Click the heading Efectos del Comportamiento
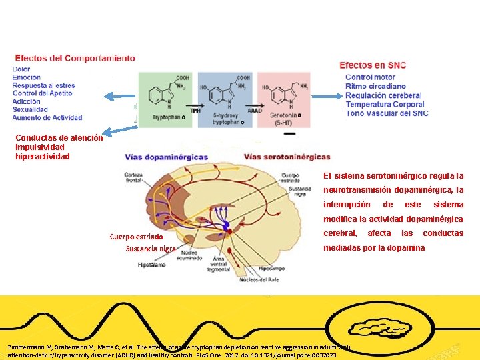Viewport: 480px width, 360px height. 75,58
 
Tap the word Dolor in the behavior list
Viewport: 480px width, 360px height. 21,69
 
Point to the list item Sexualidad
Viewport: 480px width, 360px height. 30,109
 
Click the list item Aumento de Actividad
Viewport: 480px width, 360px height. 47,117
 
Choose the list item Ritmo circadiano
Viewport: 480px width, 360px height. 375,86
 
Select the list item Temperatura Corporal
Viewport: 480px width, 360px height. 385,104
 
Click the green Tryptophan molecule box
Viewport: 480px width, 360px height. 164,99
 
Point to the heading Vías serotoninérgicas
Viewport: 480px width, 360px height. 287,157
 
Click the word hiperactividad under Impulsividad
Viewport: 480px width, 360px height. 43,157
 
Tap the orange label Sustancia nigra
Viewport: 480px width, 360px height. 151,249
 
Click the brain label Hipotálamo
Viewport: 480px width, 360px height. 153,265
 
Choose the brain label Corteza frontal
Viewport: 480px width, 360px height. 136,177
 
